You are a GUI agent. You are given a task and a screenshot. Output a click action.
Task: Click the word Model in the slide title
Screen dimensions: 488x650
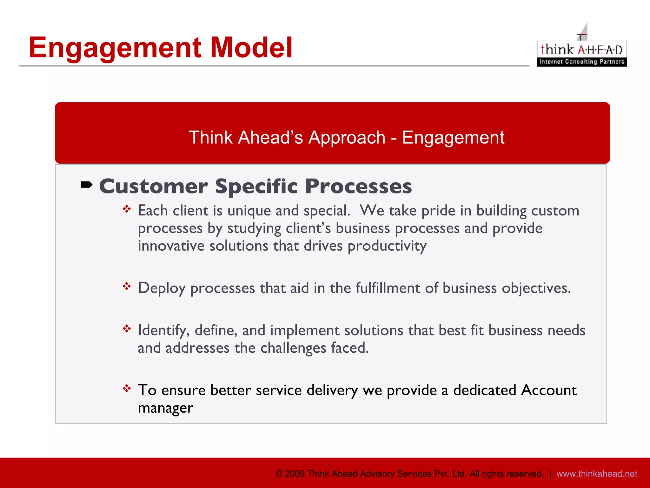[251, 48]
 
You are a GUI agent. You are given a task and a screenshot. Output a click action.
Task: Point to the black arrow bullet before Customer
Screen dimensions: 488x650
[86, 185]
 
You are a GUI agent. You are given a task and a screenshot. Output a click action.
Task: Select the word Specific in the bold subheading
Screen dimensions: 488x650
[256, 186]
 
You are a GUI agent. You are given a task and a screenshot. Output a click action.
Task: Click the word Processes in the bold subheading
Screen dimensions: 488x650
[358, 186]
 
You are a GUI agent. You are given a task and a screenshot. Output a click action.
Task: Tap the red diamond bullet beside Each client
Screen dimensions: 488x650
[127, 209]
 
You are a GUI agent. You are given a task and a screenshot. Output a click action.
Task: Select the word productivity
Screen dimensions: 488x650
[387, 246]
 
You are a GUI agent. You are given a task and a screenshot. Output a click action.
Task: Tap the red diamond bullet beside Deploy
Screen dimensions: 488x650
[127, 286]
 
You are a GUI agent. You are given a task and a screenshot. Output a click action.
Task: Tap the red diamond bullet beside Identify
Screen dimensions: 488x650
[127, 329]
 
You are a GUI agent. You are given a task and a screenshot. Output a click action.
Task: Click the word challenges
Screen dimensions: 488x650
[293, 348]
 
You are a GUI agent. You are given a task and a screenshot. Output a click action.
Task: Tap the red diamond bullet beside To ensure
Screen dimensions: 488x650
[127, 388]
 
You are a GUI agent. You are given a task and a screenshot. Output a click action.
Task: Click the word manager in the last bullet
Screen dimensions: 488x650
[165, 408]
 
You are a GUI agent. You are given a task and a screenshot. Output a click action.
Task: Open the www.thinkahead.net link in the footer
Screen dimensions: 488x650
[596, 474]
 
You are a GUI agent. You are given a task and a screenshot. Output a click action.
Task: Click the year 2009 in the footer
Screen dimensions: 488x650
[295, 474]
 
